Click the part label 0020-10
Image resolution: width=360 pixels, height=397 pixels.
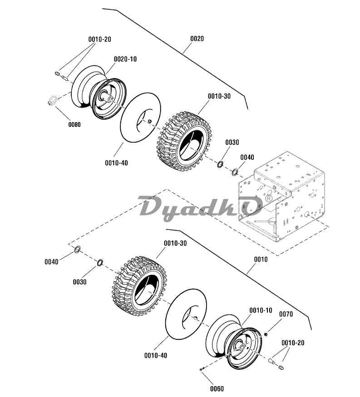(125, 59)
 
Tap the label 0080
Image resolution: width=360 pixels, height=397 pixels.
(74, 124)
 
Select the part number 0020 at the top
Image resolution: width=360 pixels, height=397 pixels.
(197, 39)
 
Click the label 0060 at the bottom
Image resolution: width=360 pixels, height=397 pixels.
(217, 389)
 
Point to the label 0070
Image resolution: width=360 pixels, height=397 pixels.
(286, 314)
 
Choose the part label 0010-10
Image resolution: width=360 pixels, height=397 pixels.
(261, 310)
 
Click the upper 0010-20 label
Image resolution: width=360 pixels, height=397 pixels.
(99, 40)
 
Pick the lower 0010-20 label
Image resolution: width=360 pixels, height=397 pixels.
(293, 342)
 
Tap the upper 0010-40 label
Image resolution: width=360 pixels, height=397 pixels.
(116, 163)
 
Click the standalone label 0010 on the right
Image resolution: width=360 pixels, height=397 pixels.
(261, 259)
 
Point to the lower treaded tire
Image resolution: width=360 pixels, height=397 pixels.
(139, 286)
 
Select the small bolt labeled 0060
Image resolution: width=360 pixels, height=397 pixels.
(202, 369)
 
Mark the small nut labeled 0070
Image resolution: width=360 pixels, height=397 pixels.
(266, 334)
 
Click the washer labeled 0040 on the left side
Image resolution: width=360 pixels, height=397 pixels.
(78, 249)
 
